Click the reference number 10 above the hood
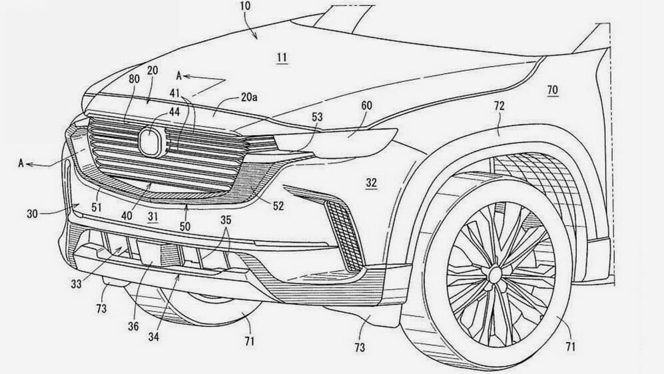(x=245, y=6)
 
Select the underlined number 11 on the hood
(x=282, y=57)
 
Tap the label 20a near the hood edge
(x=249, y=97)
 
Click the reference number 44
(x=174, y=111)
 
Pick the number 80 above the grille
(x=134, y=79)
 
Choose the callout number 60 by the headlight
(x=366, y=105)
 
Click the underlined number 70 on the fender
(x=552, y=89)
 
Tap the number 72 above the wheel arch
(x=499, y=106)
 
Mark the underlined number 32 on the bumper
(x=372, y=183)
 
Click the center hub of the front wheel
(x=495, y=275)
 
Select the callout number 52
(x=278, y=206)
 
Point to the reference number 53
(x=317, y=117)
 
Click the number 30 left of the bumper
(x=33, y=214)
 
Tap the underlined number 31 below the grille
(x=153, y=217)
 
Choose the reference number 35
(x=226, y=219)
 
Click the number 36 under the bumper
(x=133, y=327)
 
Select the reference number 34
(x=153, y=337)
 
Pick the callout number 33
(x=76, y=284)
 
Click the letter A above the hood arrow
(x=179, y=76)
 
